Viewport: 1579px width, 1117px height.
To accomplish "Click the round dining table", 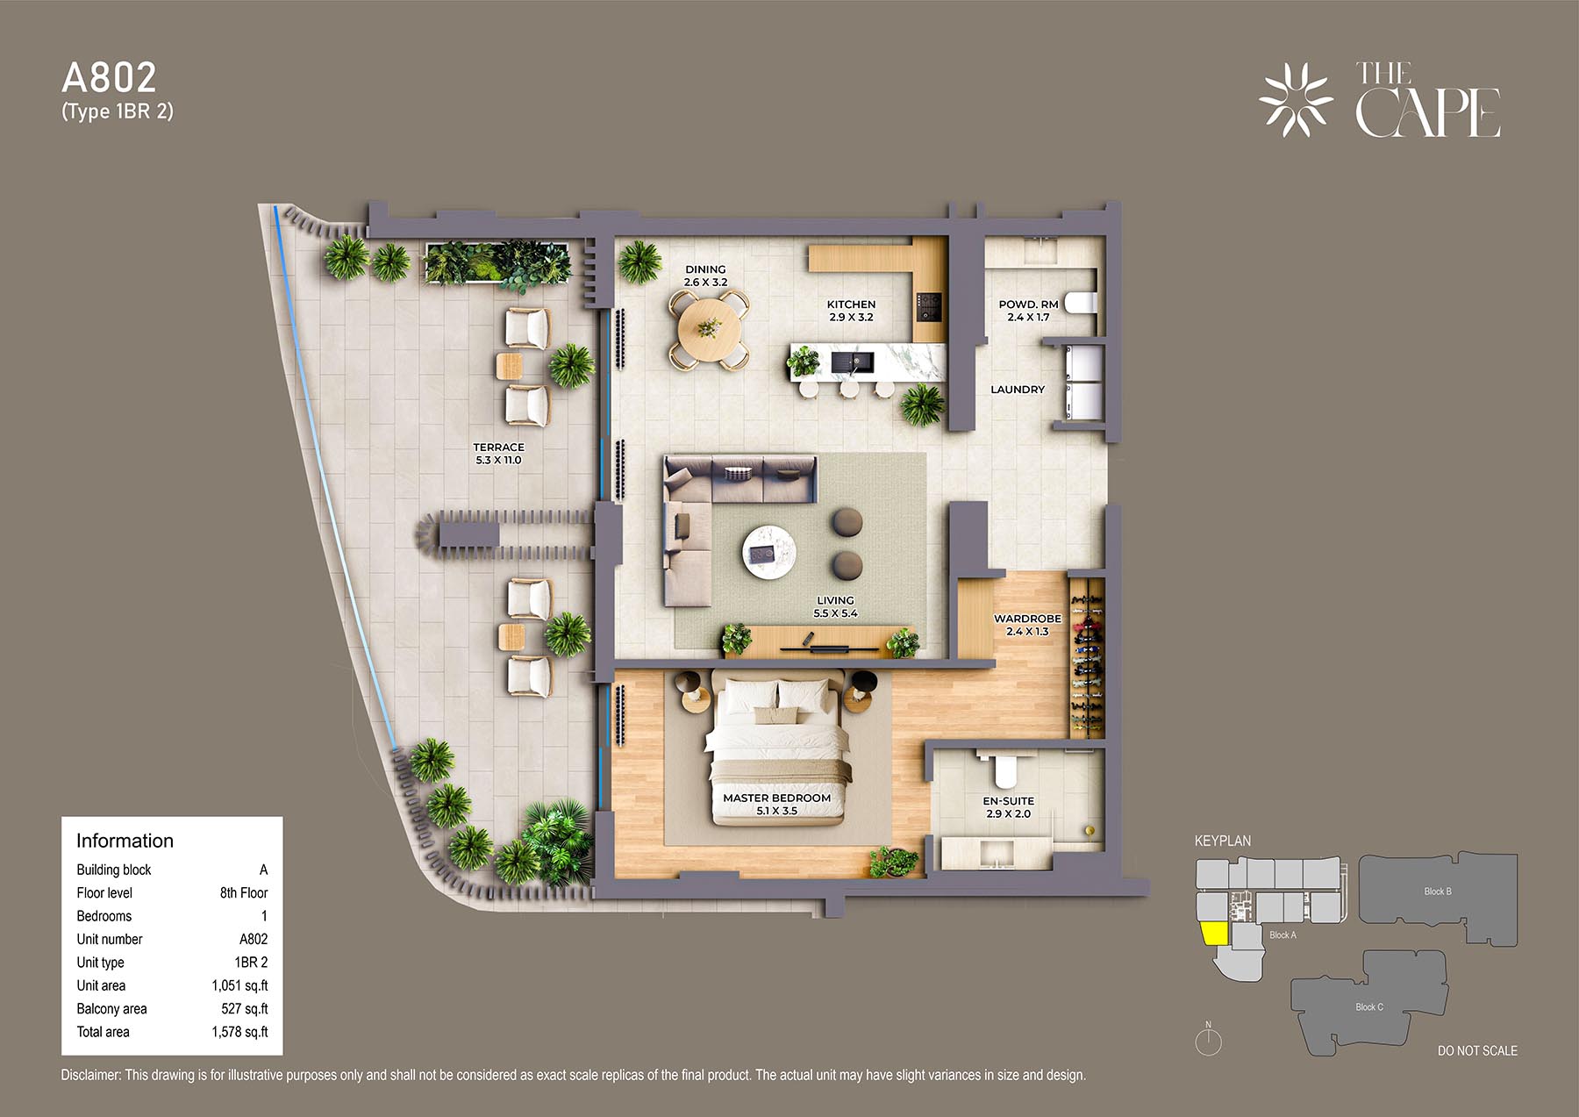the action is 709,329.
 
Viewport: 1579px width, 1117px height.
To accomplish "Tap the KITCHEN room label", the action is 851,304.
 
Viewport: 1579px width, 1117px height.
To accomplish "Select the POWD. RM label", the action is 1028,304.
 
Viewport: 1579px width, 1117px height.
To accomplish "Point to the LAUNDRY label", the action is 1018,390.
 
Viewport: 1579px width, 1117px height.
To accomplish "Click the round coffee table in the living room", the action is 770,551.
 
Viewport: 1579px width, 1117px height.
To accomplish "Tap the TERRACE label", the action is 498,448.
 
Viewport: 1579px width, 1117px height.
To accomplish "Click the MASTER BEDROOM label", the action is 776,798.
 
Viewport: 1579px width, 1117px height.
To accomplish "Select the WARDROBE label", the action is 1027,619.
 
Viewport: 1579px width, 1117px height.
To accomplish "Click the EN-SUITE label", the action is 1008,801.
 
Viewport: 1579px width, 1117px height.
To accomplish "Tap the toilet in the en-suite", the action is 1005,770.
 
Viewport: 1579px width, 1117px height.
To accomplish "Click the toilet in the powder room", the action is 1080,303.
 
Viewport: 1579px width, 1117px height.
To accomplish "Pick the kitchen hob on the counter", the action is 929,307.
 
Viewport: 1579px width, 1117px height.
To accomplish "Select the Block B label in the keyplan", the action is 1437,891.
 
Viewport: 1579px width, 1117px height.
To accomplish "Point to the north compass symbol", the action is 1208,1040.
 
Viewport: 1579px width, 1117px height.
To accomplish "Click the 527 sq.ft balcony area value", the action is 245,1009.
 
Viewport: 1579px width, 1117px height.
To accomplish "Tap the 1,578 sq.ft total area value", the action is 239,1032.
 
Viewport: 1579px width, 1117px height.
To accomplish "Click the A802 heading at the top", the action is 109,78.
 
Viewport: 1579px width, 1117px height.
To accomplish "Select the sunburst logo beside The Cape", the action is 1296,99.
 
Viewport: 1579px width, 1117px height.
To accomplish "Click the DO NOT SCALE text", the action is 1477,1050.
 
